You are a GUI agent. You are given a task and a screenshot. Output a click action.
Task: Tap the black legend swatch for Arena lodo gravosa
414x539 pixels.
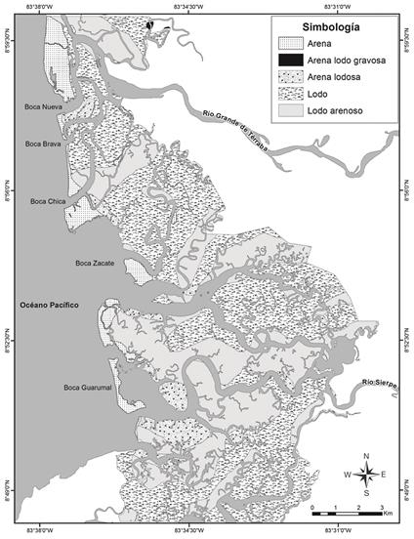tap(289, 59)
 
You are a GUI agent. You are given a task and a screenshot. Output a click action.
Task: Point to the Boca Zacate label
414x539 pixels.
tap(95, 263)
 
